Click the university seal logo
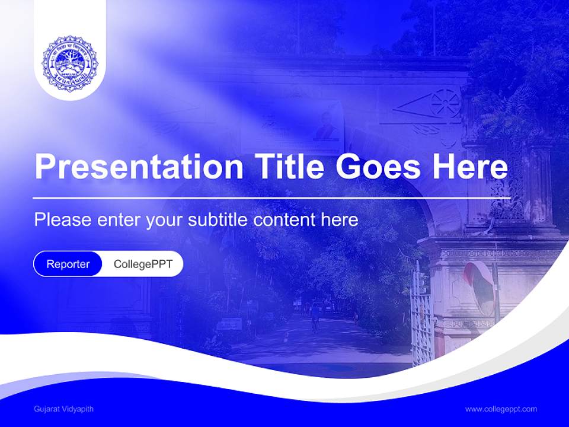coord(70,63)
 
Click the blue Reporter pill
coord(68,264)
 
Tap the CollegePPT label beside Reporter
coord(143,264)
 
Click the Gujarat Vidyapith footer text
coord(63,409)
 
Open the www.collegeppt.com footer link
coord(501,409)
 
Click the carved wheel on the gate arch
coord(446,103)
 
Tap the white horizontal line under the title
coord(271,197)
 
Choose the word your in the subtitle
coord(165,220)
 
